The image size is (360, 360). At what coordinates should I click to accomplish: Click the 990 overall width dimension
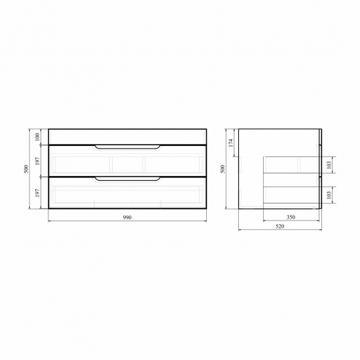pyautogui.click(x=127, y=217)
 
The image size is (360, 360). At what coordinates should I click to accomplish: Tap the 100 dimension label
pyautogui.click(x=37, y=137)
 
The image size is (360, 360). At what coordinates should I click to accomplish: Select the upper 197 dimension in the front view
pyautogui.click(x=37, y=161)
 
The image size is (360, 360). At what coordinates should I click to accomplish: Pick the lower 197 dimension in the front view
pyautogui.click(x=37, y=193)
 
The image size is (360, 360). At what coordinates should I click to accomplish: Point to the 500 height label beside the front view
pyautogui.click(x=26, y=169)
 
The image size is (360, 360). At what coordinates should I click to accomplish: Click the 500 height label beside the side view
pyautogui.click(x=223, y=169)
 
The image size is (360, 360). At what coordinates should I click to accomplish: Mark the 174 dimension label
pyautogui.click(x=231, y=143)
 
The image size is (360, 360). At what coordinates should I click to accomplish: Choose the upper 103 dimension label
pyautogui.click(x=329, y=165)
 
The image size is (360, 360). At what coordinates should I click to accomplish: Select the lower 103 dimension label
pyautogui.click(x=329, y=195)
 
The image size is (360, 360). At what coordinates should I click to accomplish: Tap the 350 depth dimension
pyautogui.click(x=291, y=217)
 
